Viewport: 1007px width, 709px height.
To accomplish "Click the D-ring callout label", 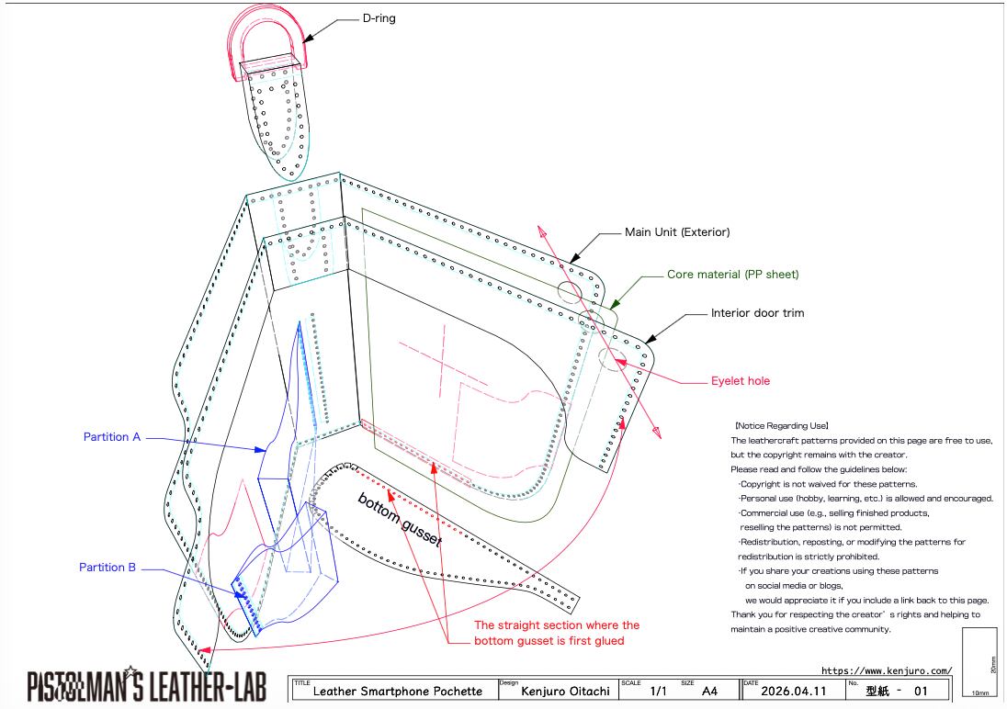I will [x=379, y=17].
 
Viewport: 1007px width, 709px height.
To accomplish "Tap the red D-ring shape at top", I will [x=266, y=28].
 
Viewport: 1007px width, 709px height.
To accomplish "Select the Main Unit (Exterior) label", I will [x=677, y=232].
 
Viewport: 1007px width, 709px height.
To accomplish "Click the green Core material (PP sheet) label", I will [x=732, y=274].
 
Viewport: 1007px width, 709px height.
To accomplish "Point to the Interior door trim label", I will [x=757, y=313].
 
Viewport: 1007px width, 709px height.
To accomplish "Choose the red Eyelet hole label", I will [x=741, y=381].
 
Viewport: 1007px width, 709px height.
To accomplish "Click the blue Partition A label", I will [x=112, y=437].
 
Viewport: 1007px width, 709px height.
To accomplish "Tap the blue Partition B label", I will [x=107, y=568].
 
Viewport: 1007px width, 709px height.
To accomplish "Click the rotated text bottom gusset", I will [x=400, y=521].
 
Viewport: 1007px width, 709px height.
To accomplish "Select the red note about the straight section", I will [x=557, y=633].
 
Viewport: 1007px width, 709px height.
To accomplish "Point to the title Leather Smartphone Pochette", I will [x=392, y=692].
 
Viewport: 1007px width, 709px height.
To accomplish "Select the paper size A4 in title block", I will [x=709, y=691].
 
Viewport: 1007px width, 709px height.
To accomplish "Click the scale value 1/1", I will [x=658, y=691].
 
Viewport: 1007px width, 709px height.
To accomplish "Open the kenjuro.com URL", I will [x=886, y=670].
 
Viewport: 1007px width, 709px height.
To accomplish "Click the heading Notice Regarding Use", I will [x=782, y=426].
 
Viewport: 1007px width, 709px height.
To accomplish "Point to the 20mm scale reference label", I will [x=995, y=663].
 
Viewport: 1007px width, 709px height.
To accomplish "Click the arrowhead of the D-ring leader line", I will [x=307, y=37].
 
